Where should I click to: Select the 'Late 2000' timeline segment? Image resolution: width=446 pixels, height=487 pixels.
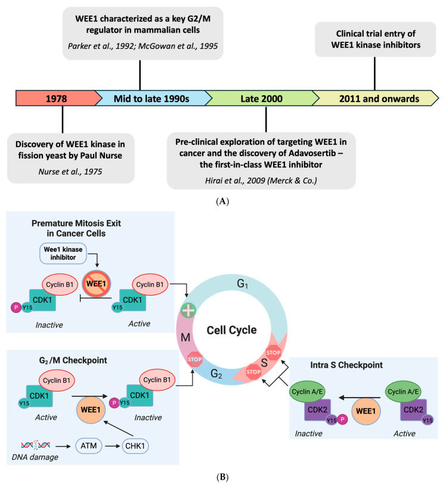pyautogui.click(x=258, y=98)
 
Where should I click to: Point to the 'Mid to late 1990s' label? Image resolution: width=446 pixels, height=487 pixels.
pyautogui.click(x=150, y=98)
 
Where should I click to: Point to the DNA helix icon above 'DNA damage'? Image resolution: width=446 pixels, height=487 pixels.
pyautogui.click(x=37, y=445)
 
